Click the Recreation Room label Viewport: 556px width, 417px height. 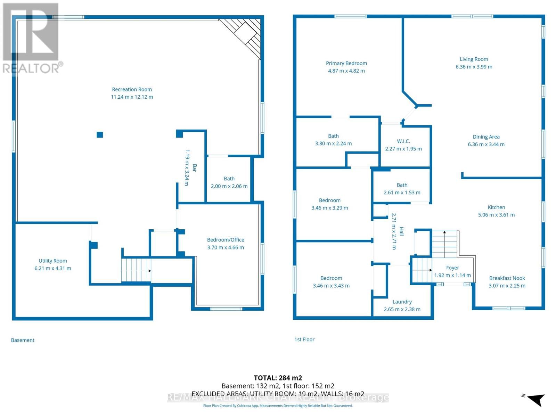point(132,89)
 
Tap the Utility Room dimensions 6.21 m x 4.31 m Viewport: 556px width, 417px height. point(53,268)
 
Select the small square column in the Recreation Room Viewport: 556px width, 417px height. point(100,135)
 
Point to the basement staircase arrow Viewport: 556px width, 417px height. point(136,271)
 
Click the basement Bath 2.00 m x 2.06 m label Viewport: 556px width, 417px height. point(229,179)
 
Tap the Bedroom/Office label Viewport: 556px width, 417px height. point(226,240)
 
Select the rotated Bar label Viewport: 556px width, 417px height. point(195,168)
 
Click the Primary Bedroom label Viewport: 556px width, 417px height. point(346,63)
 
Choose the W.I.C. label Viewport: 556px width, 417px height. point(403,141)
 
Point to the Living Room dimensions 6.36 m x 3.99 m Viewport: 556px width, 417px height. point(474,67)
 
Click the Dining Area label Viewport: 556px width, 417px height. point(486,137)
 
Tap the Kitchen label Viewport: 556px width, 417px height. point(496,207)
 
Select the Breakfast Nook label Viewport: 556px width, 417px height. point(507,278)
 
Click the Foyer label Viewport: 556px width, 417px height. point(452,268)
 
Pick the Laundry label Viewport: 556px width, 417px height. point(402,302)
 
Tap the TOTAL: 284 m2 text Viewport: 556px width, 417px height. point(278,378)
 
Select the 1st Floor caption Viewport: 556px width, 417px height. point(304,340)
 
